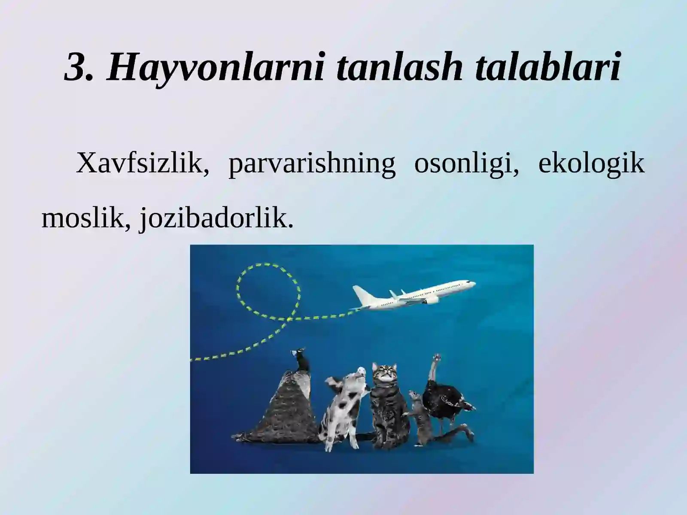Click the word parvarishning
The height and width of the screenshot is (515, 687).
[312, 164]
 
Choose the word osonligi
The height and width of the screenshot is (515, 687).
[466, 164]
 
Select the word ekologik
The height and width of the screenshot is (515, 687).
[591, 164]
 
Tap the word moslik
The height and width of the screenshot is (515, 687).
[86, 218]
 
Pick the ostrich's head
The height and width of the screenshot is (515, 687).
[438, 357]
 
